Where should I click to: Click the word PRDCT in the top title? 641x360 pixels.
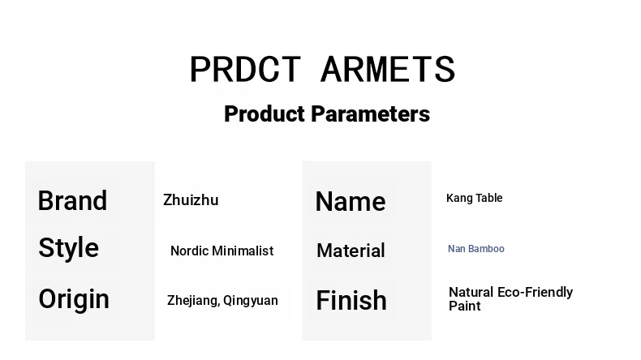(245, 69)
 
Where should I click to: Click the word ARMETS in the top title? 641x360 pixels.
(388, 69)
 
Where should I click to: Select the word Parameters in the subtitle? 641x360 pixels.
(370, 114)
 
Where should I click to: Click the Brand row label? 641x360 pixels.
(72, 200)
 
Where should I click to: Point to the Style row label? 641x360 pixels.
(69, 248)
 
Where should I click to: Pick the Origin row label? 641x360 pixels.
(74, 299)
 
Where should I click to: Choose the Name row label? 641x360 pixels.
(351, 201)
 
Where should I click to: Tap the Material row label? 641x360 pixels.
(351, 251)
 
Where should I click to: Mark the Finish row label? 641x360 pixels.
(351, 300)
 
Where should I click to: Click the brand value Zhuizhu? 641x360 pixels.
(191, 200)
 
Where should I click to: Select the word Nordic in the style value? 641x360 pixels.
(189, 251)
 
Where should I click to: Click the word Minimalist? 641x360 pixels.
(243, 251)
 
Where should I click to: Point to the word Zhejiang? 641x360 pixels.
(193, 301)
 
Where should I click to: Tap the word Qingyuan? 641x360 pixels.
(251, 301)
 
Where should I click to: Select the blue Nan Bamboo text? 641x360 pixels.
(476, 249)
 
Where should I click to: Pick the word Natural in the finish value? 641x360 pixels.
(471, 292)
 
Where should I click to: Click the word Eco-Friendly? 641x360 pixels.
(536, 292)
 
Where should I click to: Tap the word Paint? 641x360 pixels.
(464, 306)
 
